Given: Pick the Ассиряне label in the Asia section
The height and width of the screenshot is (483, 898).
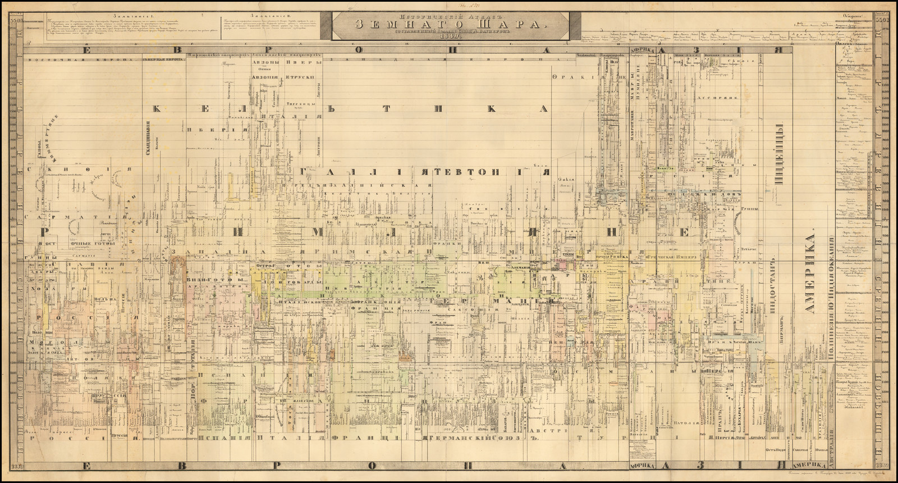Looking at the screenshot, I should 712,97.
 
